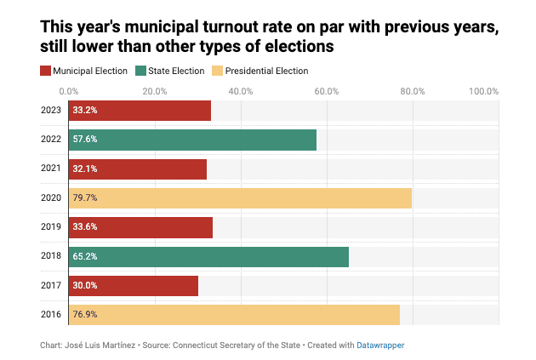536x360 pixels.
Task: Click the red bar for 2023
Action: pyautogui.click(x=140, y=111)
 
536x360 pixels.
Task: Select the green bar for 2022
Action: pyautogui.click(x=192, y=140)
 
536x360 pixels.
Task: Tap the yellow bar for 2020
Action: pyautogui.click(x=240, y=198)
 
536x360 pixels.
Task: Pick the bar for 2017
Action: pyautogui.click(x=133, y=286)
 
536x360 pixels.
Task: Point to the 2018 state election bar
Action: pyautogui.click(x=208, y=257)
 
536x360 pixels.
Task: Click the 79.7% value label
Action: pyautogui.click(x=85, y=198)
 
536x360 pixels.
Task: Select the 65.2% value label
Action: pyautogui.click(x=85, y=257)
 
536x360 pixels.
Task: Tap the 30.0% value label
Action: pyautogui.click(x=85, y=286)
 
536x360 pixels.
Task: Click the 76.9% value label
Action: pyautogui.click(x=85, y=315)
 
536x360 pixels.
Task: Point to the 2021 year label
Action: pyautogui.click(x=50, y=169)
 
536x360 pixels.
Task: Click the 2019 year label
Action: pyautogui.click(x=50, y=227)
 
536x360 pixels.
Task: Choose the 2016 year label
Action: pyautogui.click(x=50, y=315)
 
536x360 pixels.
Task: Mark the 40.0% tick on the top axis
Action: pyautogui.click(x=241, y=90)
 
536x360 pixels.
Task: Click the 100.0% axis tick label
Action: pyautogui.click(x=483, y=90)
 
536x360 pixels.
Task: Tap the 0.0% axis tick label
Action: pyautogui.click(x=69, y=90)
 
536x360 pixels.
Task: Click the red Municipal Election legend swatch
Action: pyautogui.click(x=46, y=71)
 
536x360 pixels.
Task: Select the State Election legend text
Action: pyautogui.click(x=176, y=71)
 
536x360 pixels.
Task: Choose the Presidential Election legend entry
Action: pyautogui.click(x=265, y=71)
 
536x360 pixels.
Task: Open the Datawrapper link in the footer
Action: pyautogui.click(x=380, y=346)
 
